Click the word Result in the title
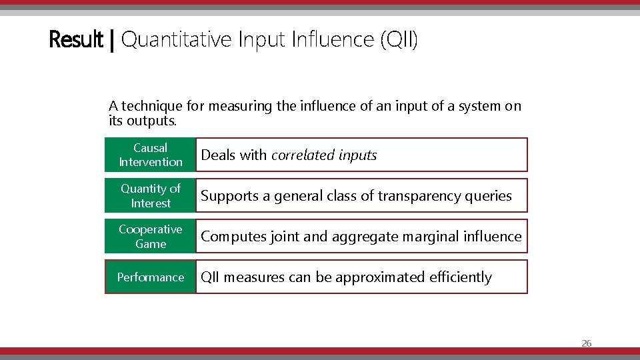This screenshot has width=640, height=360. [x=76, y=40]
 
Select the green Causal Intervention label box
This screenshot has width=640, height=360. [x=151, y=155]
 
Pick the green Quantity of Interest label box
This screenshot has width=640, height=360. [x=151, y=196]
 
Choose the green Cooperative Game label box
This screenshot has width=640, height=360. [x=151, y=237]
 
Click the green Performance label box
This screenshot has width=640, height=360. [x=151, y=277]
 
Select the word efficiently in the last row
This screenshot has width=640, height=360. [x=460, y=277]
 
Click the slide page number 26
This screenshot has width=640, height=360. [x=586, y=343]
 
